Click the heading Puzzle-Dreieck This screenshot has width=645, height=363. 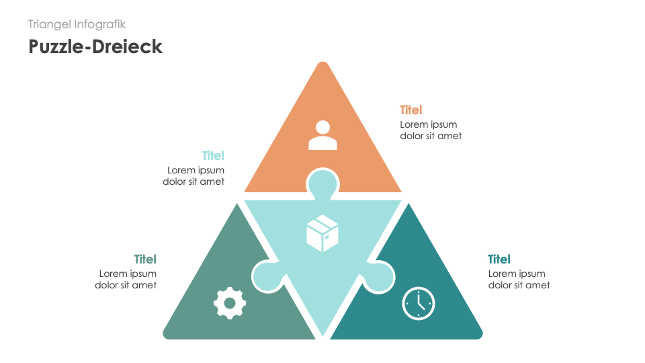point(95,46)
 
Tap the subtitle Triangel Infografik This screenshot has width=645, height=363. point(77,24)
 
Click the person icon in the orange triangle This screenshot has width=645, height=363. point(322,135)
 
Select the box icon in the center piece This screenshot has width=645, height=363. point(322,233)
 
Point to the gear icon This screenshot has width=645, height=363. point(230,302)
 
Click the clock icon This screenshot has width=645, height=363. point(419,303)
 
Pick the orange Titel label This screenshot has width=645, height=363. point(411,110)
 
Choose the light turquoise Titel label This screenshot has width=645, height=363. point(213,156)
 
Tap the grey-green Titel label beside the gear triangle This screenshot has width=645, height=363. point(145,259)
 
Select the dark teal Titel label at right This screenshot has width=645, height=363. point(499,259)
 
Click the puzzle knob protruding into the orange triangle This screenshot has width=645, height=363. point(322,182)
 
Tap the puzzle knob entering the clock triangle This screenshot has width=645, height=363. point(381,277)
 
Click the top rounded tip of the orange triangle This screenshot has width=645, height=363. point(322,65)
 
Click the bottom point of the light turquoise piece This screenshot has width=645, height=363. point(322,333)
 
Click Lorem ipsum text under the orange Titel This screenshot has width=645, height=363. point(429,124)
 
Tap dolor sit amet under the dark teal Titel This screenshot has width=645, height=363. point(519,285)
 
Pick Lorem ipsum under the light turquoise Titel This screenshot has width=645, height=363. point(196,170)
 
